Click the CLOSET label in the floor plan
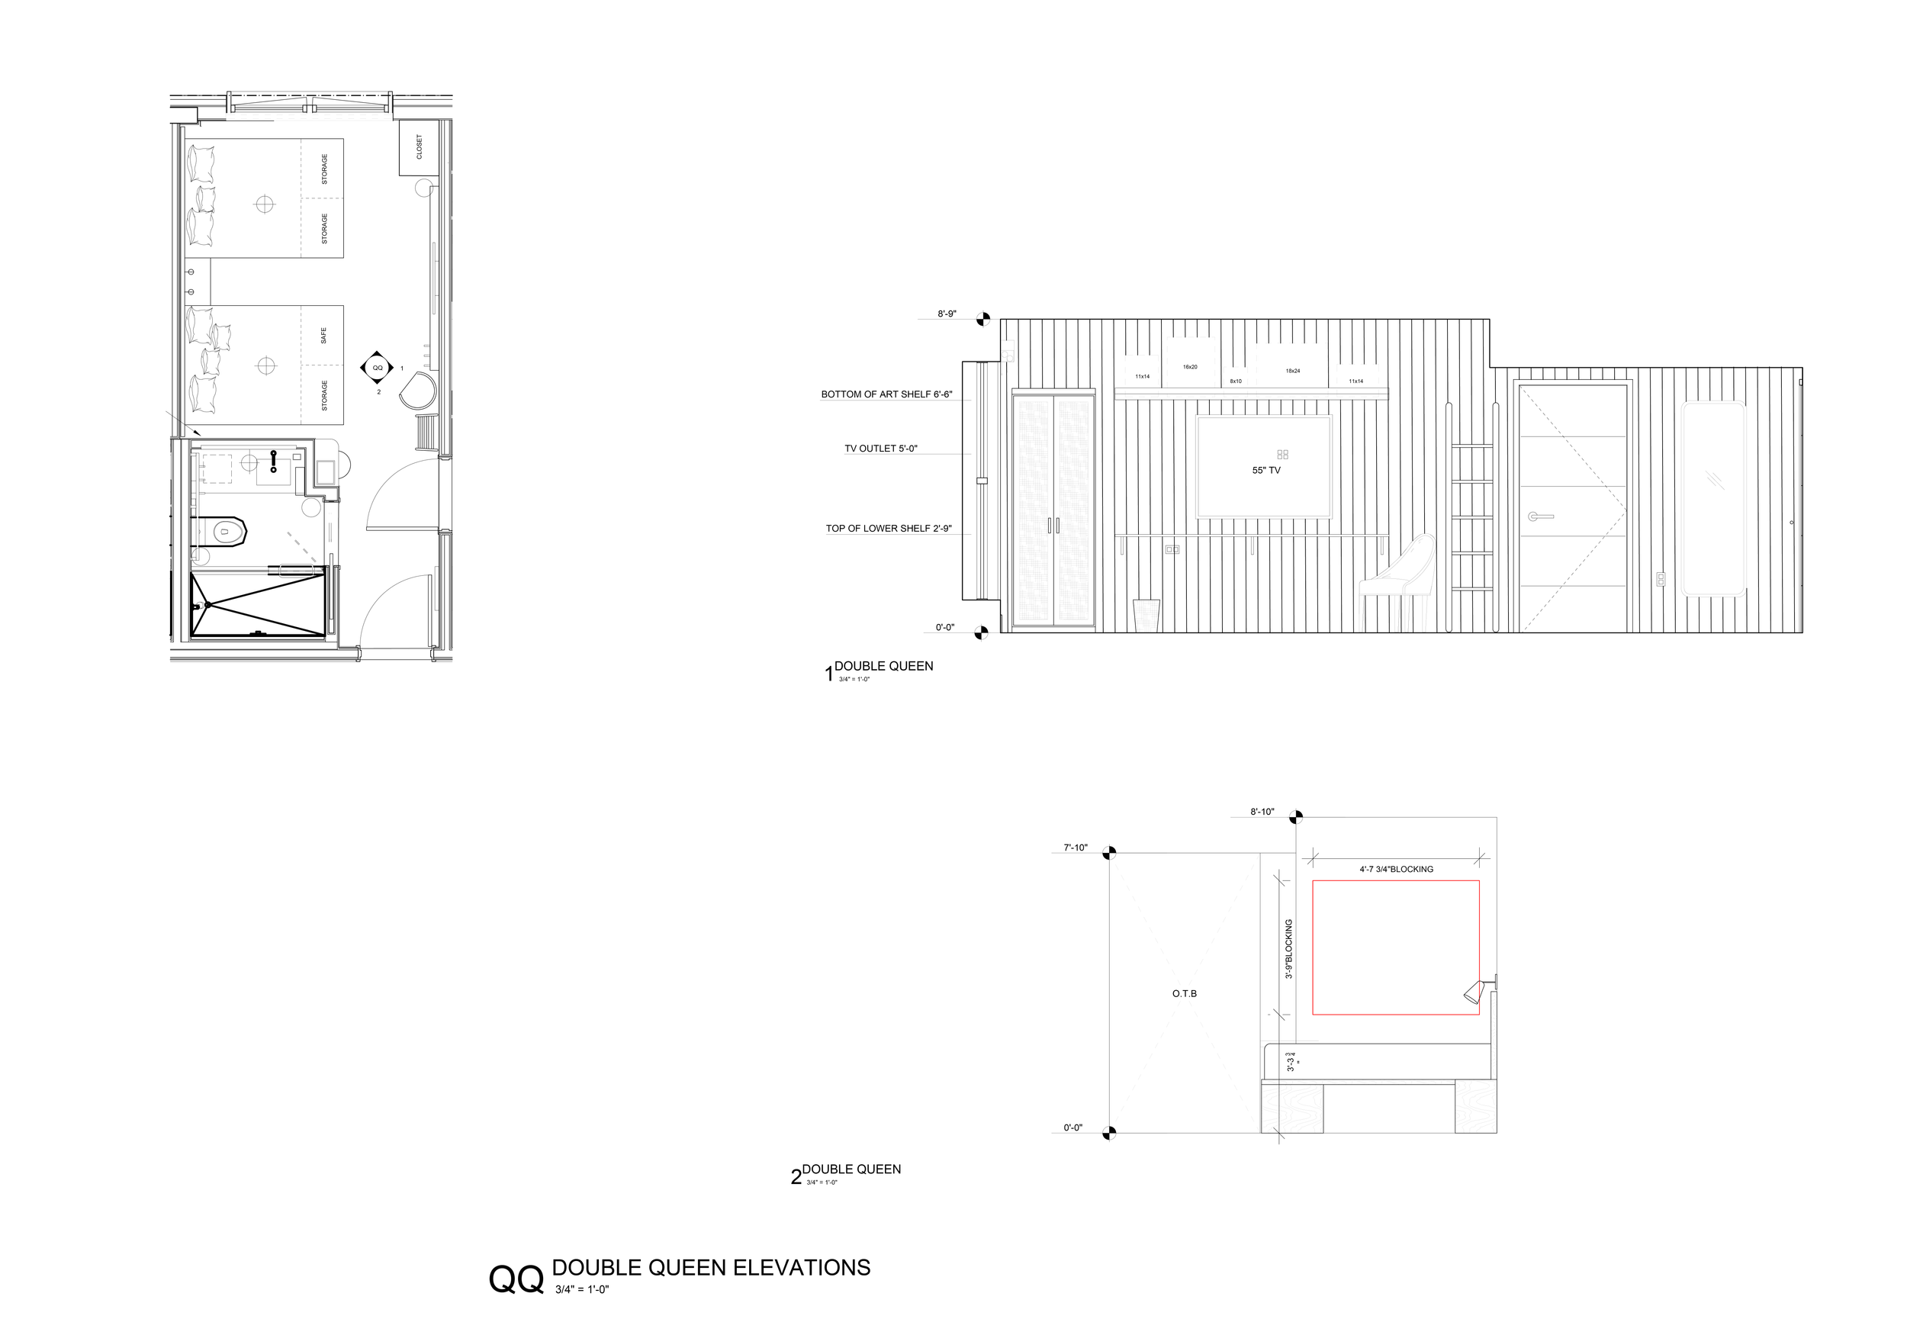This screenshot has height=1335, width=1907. tap(420, 147)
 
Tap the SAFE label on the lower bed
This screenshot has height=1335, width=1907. tap(324, 336)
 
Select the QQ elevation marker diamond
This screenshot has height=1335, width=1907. tap(378, 367)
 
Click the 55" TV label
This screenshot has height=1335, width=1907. tap(1265, 470)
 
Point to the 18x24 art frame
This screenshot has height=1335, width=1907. tap(1292, 366)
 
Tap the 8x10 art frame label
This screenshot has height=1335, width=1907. tap(1236, 381)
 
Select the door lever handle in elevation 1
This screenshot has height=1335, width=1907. tap(1540, 516)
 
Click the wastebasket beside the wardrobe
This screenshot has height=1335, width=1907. tap(1146, 616)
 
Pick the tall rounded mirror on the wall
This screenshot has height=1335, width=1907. tap(1712, 498)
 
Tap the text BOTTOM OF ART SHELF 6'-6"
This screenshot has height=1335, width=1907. tap(886, 394)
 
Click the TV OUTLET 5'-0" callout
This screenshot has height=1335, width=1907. tap(880, 449)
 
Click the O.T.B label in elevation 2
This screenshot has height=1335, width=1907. tap(1185, 993)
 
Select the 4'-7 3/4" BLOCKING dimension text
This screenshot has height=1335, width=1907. tap(1396, 869)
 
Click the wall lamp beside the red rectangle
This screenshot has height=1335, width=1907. tap(1475, 991)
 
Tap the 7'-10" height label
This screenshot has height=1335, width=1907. tap(1075, 848)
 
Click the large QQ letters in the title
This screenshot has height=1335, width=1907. tap(516, 1279)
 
